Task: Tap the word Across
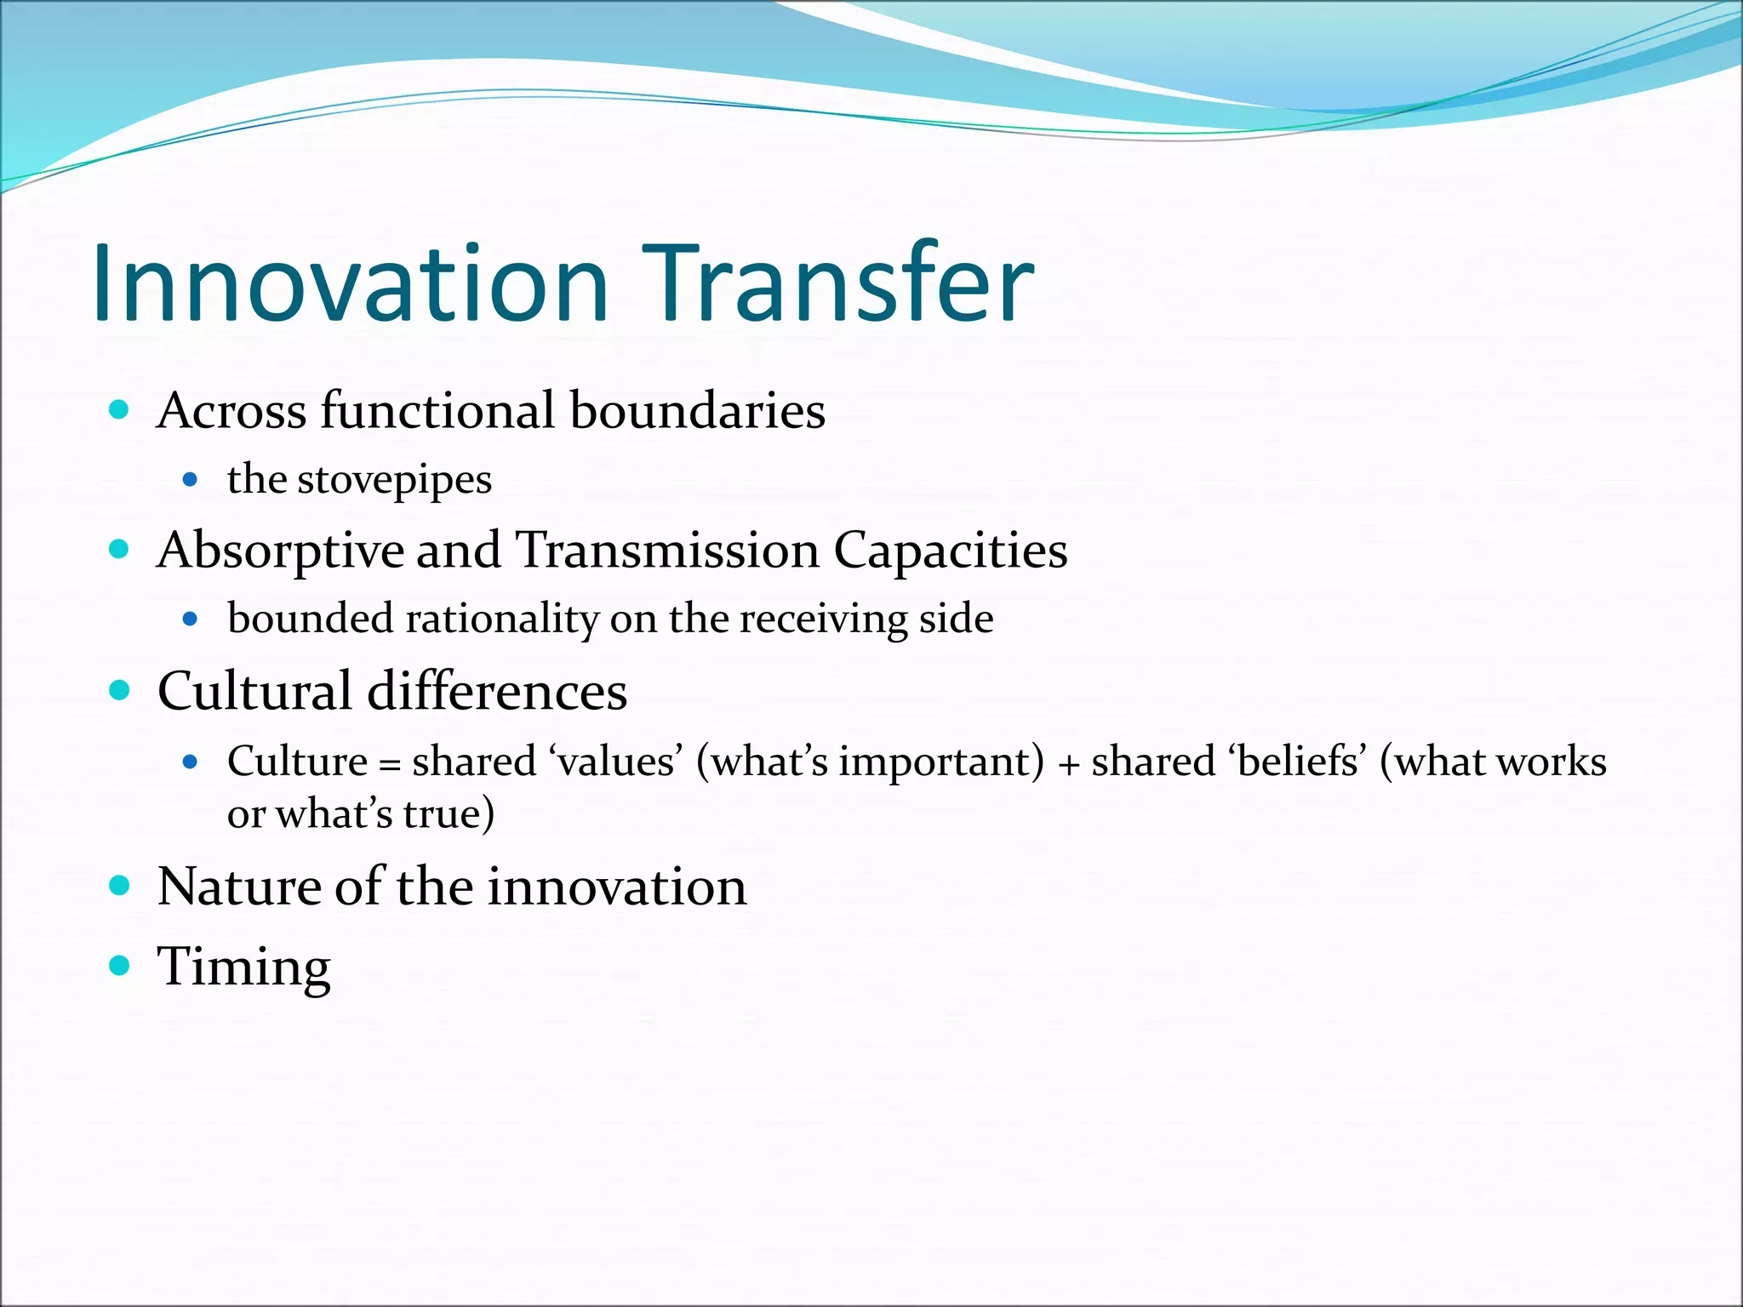click(x=231, y=411)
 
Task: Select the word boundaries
click(x=697, y=411)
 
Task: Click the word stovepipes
click(x=394, y=481)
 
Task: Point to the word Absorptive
click(x=280, y=551)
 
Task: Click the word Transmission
click(x=667, y=551)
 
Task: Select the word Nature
click(x=239, y=888)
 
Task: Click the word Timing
click(x=243, y=968)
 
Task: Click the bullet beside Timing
click(x=120, y=965)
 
